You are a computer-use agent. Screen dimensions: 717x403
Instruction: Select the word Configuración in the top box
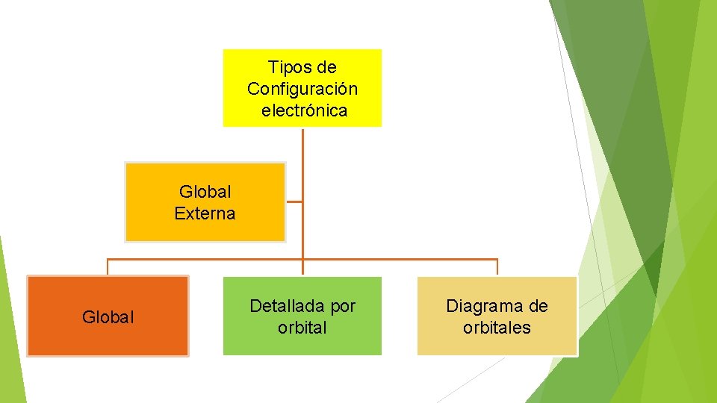(x=302, y=89)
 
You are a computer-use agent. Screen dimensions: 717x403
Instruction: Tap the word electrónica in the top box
(x=305, y=111)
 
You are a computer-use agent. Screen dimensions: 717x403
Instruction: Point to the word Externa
(x=205, y=213)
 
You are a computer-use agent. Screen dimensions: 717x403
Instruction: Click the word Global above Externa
(x=205, y=192)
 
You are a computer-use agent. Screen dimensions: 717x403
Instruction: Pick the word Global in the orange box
(x=108, y=317)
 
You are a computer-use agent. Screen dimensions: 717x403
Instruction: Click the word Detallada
(x=287, y=306)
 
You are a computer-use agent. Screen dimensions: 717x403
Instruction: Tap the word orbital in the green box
(x=302, y=328)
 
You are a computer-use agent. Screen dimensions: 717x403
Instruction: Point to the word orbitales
(x=497, y=328)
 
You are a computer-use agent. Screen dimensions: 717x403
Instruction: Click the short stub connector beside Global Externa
(x=294, y=201)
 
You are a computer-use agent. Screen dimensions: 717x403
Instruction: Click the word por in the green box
(x=341, y=306)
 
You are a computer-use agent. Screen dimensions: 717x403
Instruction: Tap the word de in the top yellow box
(x=326, y=68)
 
